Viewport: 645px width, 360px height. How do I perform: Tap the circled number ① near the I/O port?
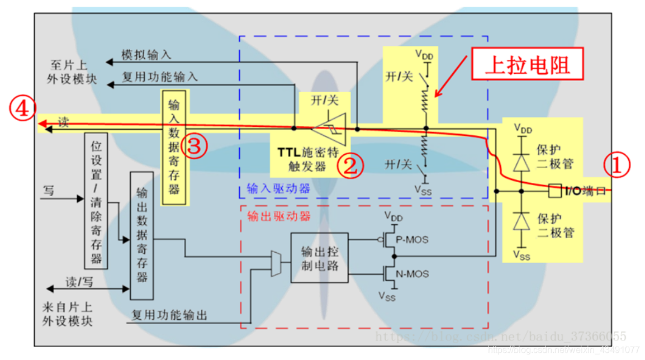point(616,166)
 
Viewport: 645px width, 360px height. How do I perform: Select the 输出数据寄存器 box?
point(141,235)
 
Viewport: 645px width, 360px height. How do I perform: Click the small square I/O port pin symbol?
point(554,191)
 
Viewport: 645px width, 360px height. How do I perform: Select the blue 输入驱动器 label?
point(278,188)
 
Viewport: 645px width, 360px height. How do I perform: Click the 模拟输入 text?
point(146,55)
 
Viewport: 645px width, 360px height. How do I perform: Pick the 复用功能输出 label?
point(169,316)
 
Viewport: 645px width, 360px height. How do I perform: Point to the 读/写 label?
point(79,282)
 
